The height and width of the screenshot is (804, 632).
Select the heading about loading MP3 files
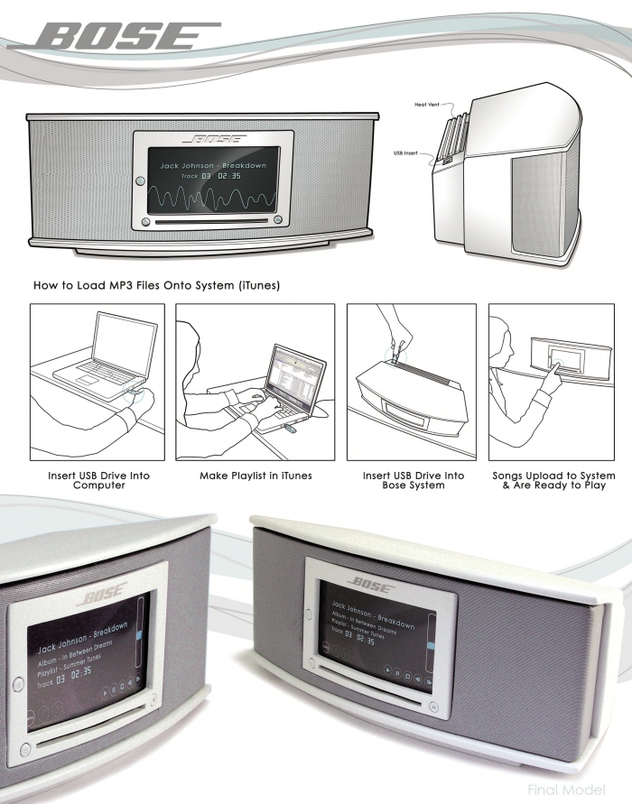click(156, 286)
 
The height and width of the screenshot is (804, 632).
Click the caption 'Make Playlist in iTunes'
click(255, 476)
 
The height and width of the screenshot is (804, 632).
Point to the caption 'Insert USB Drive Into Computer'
click(98, 480)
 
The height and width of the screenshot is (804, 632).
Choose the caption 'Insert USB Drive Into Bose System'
click(414, 480)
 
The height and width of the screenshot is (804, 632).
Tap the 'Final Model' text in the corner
click(579, 790)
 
